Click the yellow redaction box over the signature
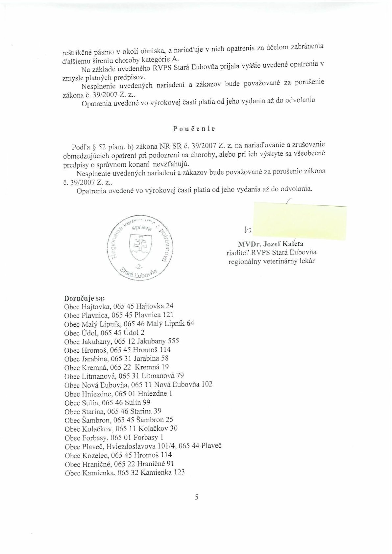(299, 221)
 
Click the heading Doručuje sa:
(85, 299)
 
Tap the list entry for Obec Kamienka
(125, 473)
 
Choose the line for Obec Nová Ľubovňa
(138, 385)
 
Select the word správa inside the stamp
(140, 228)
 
